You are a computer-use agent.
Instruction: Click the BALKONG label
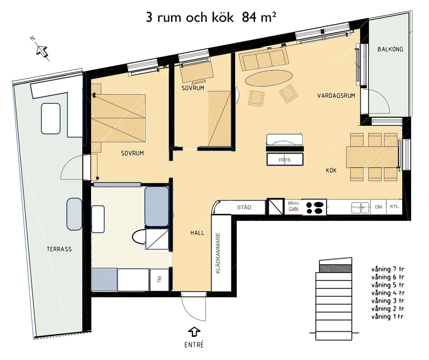pos(390,49)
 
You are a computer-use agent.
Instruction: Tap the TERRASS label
pos(59,249)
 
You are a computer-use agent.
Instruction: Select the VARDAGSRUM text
pos(336,96)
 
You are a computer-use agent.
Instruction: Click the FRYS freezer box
pos(285,159)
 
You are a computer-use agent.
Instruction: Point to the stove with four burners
pos(315,207)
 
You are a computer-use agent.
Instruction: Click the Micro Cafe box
pos(293,206)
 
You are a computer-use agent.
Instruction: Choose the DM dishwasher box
pos(378,207)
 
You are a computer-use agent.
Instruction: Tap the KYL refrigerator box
pos(394,207)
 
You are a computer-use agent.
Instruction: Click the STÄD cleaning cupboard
pos(244,207)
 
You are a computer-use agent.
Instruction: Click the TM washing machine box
pos(159,280)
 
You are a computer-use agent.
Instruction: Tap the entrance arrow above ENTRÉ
pos(194,331)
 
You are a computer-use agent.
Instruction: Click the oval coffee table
pos(268,77)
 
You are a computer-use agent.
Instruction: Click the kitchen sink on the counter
pos(360,207)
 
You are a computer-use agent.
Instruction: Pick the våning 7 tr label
pos(388,269)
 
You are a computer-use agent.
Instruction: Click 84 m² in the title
pos(259,17)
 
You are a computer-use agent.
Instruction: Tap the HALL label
pos(197,233)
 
